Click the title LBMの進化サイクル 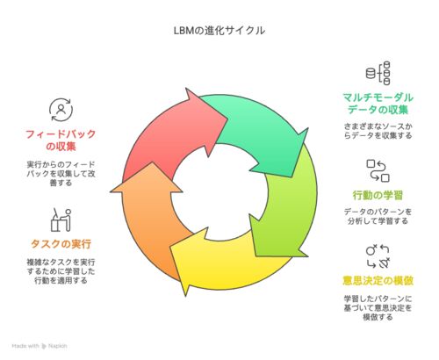point(219,31)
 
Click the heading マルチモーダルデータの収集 point(378,104)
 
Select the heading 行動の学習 point(378,195)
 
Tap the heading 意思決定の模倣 point(378,281)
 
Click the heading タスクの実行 point(61,244)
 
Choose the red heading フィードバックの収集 point(61,140)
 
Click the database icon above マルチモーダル point(378,73)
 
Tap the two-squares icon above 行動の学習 point(378,170)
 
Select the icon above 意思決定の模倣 point(378,256)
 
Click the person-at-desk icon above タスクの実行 point(61,220)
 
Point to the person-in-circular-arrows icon point(61,110)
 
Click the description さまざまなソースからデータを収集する point(378,131)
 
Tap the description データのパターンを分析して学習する point(378,216)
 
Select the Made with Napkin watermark point(40,346)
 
